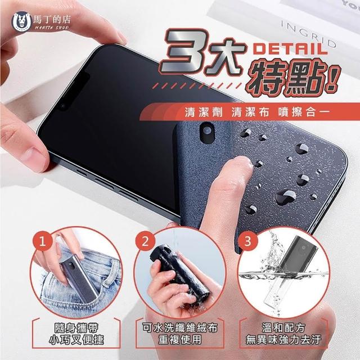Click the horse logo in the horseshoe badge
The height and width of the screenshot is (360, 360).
pos(21,22)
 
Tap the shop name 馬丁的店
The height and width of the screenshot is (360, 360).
pos(52,20)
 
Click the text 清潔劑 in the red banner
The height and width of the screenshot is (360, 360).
pos(204,112)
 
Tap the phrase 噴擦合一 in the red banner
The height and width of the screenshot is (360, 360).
pos(304,112)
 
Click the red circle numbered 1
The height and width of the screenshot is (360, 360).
pos(42,241)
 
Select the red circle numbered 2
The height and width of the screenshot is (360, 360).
pos(145,241)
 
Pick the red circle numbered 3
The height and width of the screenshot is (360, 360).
pos(247,241)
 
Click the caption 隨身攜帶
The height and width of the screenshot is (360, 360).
pos(76,328)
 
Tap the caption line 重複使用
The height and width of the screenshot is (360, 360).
pos(180,339)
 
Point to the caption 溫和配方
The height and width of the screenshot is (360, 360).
pos(283,328)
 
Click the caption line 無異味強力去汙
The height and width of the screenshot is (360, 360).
pos(283,340)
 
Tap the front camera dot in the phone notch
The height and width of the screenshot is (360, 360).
pos(63,106)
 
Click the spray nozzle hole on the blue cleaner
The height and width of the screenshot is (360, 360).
pos(208,130)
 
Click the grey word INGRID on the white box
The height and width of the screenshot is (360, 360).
pos(309,34)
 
